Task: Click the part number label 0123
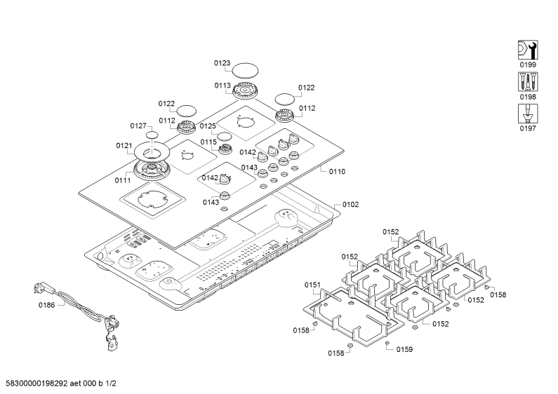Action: (x=222, y=63)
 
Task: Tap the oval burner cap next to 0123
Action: (x=245, y=70)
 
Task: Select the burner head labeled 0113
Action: (x=245, y=90)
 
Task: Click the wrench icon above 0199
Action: (x=528, y=50)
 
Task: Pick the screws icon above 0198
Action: (x=528, y=82)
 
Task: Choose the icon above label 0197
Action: (x=528, y=114)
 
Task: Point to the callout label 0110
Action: (x=337, y=172)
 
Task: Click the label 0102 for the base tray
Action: (x=350, y=205)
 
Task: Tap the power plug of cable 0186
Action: (x=39, y=287)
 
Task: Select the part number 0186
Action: (x=46, y=305)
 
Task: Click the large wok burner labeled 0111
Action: (x=152, y=170)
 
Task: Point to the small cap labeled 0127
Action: (x=152, y=135)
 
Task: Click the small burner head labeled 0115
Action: (x=225, y=149)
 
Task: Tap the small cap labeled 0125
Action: (x=224, y=137)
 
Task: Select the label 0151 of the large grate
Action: (x=312, y=285)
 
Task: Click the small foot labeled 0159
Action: (x=387, y=342)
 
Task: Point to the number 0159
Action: (x=404, y=350)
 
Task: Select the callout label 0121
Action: (x=124, y=145)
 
